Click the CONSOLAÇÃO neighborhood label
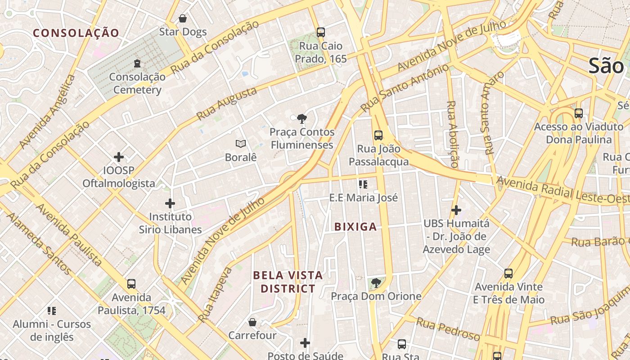point(76,33)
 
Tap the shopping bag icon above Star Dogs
point(183,18)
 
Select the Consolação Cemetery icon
point(137,63)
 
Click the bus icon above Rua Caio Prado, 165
point(320,32)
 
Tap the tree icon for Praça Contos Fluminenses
point(302,119)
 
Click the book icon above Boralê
point(241,144)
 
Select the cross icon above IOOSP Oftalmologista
point(119,157)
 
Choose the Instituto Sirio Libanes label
point(170,223)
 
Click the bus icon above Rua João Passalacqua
point(378,135)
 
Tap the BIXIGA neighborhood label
point(355,227)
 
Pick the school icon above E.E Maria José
point(363,184)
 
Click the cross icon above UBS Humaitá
point(456,210)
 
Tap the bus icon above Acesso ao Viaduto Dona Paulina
point(578,113)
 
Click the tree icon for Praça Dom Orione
point(376,283)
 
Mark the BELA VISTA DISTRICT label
point(288,282)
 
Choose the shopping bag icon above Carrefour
point(252,322)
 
